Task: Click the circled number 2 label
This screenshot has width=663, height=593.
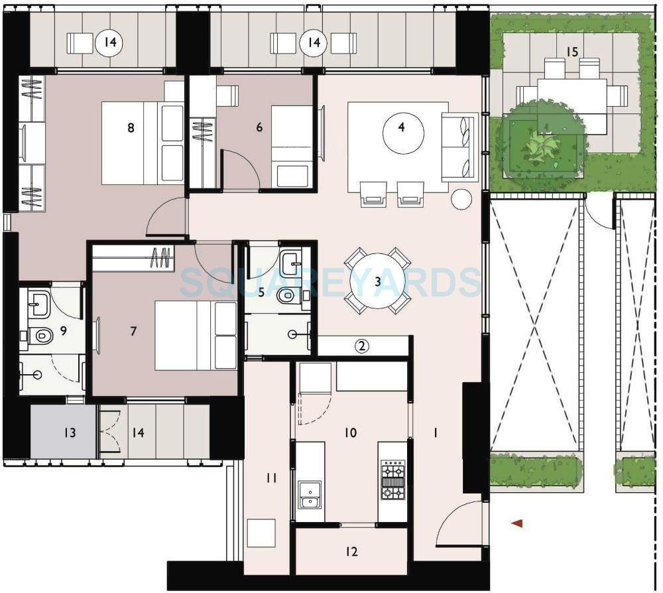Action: (x=361, y=345)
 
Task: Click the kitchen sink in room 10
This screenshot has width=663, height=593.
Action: (x=309, y=495)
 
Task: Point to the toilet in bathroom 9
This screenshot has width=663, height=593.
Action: (x=42, y=336)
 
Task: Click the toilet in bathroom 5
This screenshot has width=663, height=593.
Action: (x=287, y=296)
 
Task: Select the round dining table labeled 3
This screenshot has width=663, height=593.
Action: (x=378, y=281)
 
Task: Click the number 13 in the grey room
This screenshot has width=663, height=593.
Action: (x=70, y=432)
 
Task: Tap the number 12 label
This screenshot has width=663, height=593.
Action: (x=351, y=551)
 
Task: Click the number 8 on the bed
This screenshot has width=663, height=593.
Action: (x=131, y=127)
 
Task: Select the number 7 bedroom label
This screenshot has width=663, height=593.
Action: (x=133, y=330)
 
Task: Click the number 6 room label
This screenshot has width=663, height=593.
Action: (x=259, y=127)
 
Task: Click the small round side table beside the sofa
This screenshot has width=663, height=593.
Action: (x=461, y=199)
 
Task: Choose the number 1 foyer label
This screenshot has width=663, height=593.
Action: (x=435, y=432)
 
